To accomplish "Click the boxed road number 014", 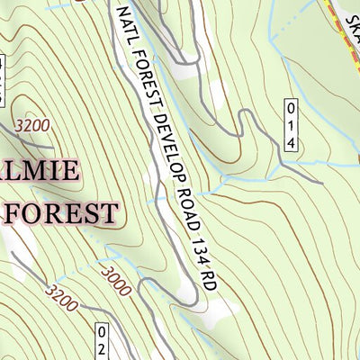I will tap(290, 125).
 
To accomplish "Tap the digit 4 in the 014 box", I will tap(290, 143).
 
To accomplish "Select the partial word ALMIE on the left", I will tap(41, 172).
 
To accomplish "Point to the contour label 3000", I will tap(116, 281).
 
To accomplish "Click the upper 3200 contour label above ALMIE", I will tap(32, 125).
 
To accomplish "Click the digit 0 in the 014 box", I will tap(290, 109).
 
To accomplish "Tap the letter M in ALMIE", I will tap(45, 172).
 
